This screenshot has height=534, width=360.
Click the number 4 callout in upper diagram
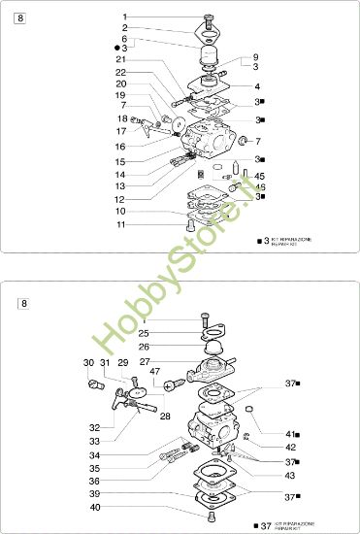[x=255, y=85]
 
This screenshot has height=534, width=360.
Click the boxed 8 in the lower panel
[x=24, y=304]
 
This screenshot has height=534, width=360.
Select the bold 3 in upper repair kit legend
[x=267, y=239]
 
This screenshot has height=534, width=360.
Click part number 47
[x=155, y=371]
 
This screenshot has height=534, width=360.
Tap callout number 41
[x=289, y=433]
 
